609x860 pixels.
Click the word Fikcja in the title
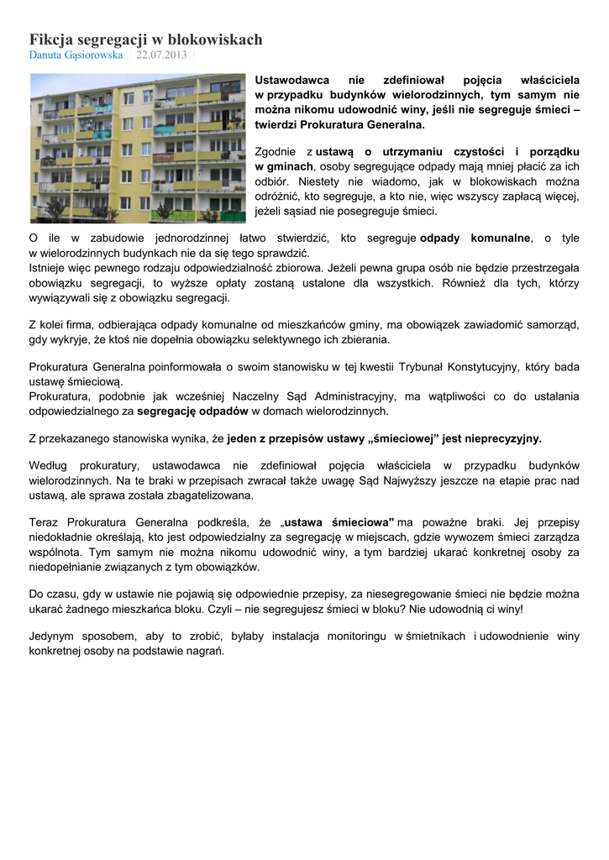51,39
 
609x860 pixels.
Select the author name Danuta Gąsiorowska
76,55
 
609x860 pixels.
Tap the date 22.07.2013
162,55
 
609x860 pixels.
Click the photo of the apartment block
138,147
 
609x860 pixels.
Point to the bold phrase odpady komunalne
475,238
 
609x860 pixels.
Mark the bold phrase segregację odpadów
192,412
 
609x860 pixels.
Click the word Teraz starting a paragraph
45,522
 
